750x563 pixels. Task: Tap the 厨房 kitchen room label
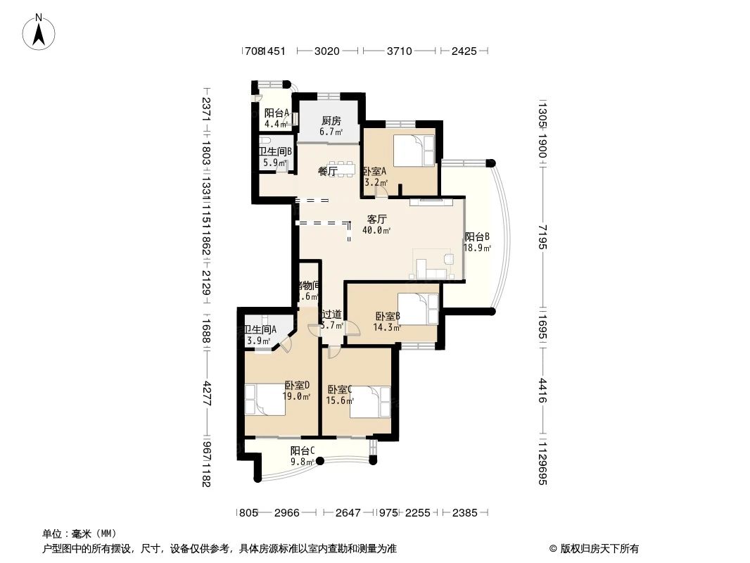tap(331, 125)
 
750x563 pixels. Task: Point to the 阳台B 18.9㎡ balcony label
tap(477, 242)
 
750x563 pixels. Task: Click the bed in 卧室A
tap(412, 150)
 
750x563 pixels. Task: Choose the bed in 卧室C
tap(369, 402)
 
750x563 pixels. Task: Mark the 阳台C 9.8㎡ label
tap(303, 456)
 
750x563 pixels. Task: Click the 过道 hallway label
tap(331, 320)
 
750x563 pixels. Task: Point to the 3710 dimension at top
tap(399, 51)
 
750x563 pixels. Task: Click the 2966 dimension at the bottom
tap(287, 513)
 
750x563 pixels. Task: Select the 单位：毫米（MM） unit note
tap(80, 533)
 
